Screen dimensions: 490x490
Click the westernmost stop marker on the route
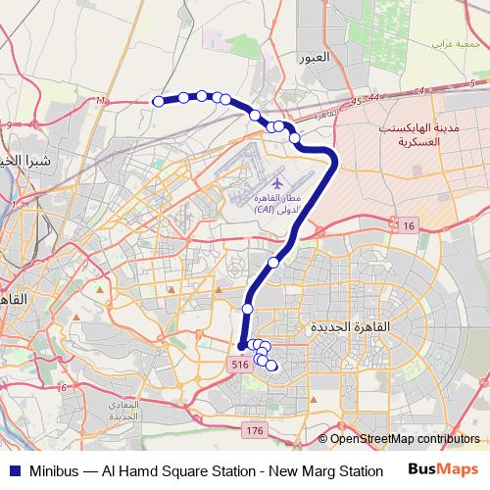(158, 100)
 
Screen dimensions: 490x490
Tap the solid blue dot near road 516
(241, 346)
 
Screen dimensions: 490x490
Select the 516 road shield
(240, 364)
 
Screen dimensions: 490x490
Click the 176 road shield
(255, 430)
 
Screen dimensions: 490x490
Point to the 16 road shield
(408, 226)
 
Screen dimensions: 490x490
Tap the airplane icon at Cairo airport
(278, 183)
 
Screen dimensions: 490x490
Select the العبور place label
(325, 58)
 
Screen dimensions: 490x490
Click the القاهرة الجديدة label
(350, 325)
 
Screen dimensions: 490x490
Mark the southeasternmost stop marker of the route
(271, 367)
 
